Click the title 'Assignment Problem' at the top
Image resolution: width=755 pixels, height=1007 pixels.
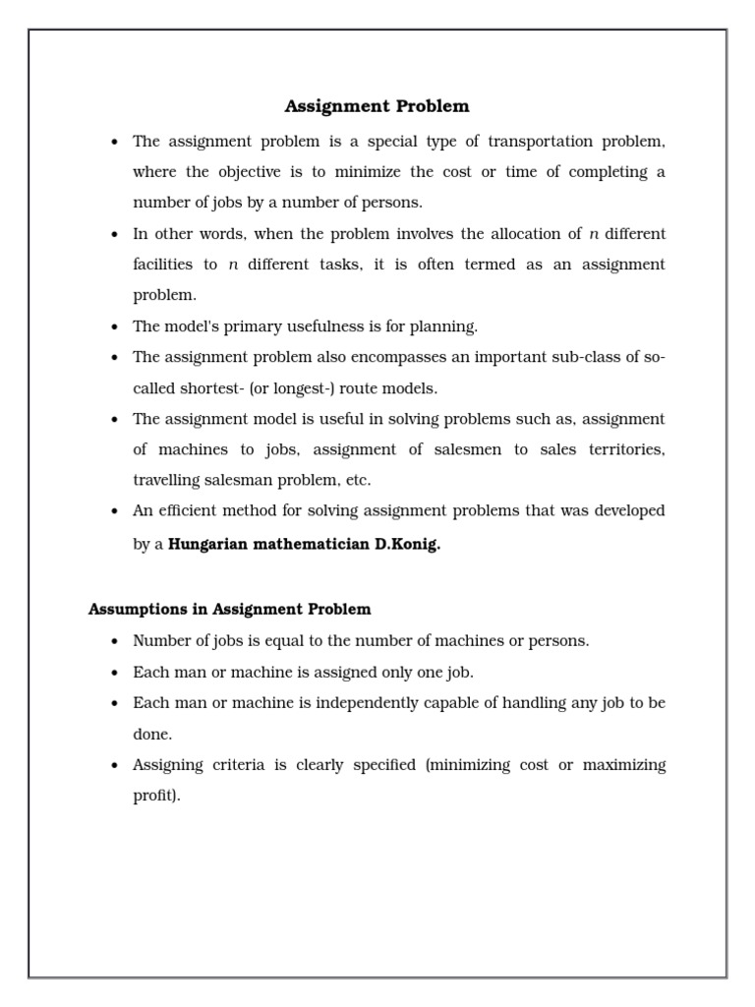tap(377, 105)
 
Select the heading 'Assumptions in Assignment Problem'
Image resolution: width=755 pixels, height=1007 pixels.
tap(229, 609)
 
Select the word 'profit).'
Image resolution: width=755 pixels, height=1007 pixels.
tap(157, 796)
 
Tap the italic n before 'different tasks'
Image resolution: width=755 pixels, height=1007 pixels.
tap(233, 265)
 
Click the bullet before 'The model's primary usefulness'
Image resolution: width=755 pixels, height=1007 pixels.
tap(115, 326)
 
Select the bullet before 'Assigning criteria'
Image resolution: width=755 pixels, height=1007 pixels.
tap(115, 765)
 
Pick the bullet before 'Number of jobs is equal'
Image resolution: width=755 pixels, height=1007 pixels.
tap(115, 641)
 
